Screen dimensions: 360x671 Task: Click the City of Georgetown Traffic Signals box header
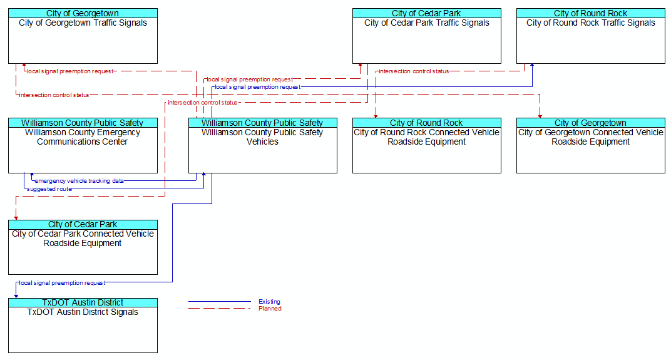coord(83,13)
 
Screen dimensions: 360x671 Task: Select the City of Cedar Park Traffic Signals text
coord(427,23)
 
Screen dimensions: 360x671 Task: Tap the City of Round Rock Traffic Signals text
coord(590,23)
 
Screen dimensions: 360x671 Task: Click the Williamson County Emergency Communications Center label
coord(83,137)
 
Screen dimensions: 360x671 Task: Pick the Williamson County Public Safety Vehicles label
coord(262,137)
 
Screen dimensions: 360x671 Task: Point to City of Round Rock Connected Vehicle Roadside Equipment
coord(426,137)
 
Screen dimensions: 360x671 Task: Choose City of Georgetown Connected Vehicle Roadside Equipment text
coord(590,137)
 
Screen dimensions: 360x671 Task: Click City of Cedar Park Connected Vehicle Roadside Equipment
coord(83,239)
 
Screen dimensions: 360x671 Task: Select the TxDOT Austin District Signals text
coord(83,312)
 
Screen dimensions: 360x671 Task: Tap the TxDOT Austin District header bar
coord(83,302)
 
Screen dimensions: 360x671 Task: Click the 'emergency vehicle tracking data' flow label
coord(79,181)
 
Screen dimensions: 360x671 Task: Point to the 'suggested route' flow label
coord(49,189)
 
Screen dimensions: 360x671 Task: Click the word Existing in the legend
coord(270,302)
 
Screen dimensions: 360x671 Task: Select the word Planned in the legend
coord(270,309)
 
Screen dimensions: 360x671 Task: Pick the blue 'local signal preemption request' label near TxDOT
coord(62,283)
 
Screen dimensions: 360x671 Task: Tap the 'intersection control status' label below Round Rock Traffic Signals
coord(414,71)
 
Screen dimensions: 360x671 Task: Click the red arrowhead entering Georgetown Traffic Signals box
coord(24,65)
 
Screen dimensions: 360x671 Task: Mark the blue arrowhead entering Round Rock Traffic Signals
coord(532,65)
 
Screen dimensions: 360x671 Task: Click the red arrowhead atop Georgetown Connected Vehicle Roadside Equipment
coord(540,115)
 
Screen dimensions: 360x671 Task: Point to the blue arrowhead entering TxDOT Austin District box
coord(16,296)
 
